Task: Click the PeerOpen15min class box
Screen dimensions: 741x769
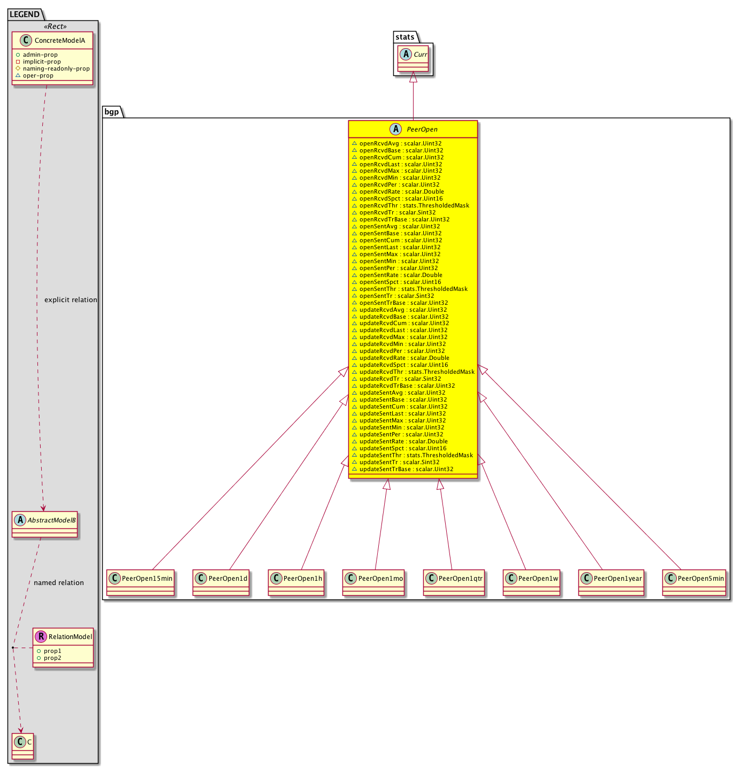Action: coord(140,582)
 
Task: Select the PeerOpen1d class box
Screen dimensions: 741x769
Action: coord(221,582)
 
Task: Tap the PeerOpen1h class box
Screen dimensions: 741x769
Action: coord(296,582)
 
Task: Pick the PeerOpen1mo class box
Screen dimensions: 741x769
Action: coord(373,582)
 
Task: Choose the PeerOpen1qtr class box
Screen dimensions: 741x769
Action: coord(454,582)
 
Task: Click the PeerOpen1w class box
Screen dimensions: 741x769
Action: coord(531,582)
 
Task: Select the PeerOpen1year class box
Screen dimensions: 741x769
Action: coord(611,582)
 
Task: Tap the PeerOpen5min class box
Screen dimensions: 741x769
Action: coord(694,582)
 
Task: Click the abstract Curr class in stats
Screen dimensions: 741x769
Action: coord(413,58)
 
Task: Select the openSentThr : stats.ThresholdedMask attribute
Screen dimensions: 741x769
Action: coord(410,289)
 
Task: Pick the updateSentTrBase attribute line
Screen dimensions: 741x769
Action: coord(402,469)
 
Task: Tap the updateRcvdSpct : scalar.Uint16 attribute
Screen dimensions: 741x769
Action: coord(400,365)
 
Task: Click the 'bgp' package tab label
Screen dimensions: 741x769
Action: coord(111,112)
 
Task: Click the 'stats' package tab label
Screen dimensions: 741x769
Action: coord(404,37)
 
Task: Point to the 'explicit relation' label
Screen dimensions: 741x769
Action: coord(71,300)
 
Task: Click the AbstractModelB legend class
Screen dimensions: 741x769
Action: coord(45,525)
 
